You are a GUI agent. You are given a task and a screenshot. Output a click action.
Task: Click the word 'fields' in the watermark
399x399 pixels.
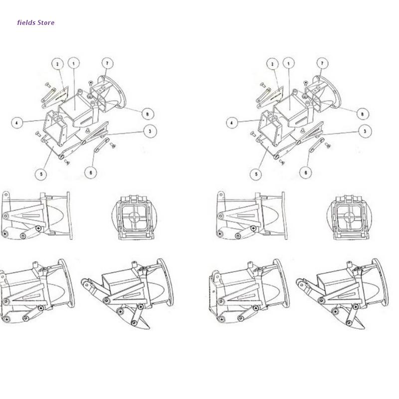coord(26,22)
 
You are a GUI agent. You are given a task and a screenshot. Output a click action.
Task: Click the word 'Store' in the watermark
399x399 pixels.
coord(46,22)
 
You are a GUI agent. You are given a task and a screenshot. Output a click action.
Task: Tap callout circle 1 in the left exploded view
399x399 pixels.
coord(74,63)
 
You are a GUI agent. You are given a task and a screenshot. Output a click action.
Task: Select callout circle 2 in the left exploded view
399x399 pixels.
coord(57,64)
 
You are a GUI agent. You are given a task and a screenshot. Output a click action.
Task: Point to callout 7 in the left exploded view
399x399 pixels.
coord(107,63)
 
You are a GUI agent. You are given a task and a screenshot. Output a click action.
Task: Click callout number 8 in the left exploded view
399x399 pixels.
coord(148,114)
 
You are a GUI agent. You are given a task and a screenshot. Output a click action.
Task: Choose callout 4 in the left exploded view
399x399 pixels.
coord(17,123)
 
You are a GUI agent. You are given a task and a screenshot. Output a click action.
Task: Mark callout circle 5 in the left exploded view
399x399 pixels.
coord(41,174)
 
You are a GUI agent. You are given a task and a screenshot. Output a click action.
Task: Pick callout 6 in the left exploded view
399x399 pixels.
coord(91,173)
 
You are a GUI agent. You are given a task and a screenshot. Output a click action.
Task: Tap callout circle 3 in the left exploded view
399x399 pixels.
coord(150,131)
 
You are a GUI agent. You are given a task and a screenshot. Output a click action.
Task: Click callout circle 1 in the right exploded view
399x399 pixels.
coord(289,63)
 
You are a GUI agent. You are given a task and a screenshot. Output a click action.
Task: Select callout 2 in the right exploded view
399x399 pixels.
coord(272,64)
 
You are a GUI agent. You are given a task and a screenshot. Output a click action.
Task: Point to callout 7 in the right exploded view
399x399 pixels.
coord(322,63)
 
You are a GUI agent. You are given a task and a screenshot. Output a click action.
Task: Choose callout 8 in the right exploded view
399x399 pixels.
coord(363,114)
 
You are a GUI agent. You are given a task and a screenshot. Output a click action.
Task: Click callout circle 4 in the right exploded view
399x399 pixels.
coord(232,123)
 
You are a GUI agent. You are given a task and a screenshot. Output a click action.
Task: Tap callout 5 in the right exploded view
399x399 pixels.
coord(256,174)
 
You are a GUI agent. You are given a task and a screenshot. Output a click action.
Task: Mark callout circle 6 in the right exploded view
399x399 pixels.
coord(306,173)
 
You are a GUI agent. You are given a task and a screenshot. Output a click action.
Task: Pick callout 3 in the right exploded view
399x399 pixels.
coord(365,131)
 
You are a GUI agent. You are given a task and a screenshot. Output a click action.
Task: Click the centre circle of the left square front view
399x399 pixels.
coord(135,217)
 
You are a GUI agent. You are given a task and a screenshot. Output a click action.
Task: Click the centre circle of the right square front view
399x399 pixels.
coord(350,217)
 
